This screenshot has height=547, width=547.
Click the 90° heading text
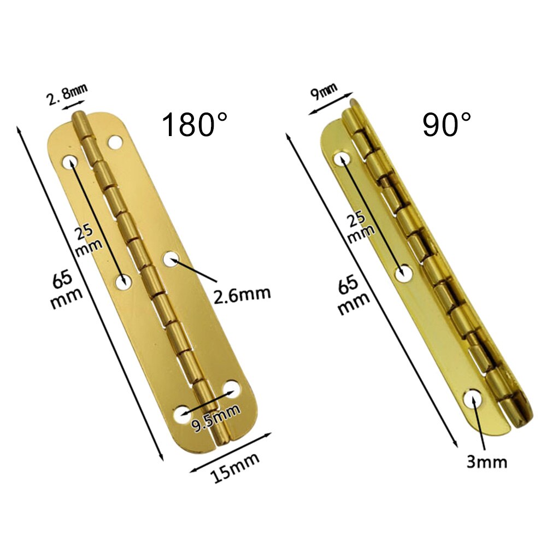point(446,125)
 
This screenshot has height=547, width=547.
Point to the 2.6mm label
point(242,293)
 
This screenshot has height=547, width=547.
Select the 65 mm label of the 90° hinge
point(352,295)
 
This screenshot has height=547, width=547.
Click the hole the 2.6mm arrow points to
point(171,257)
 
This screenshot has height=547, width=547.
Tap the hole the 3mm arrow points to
point(472,399)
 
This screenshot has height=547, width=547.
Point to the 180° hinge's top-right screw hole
point(114,143)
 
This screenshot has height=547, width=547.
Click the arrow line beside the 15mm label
point(231,449)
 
